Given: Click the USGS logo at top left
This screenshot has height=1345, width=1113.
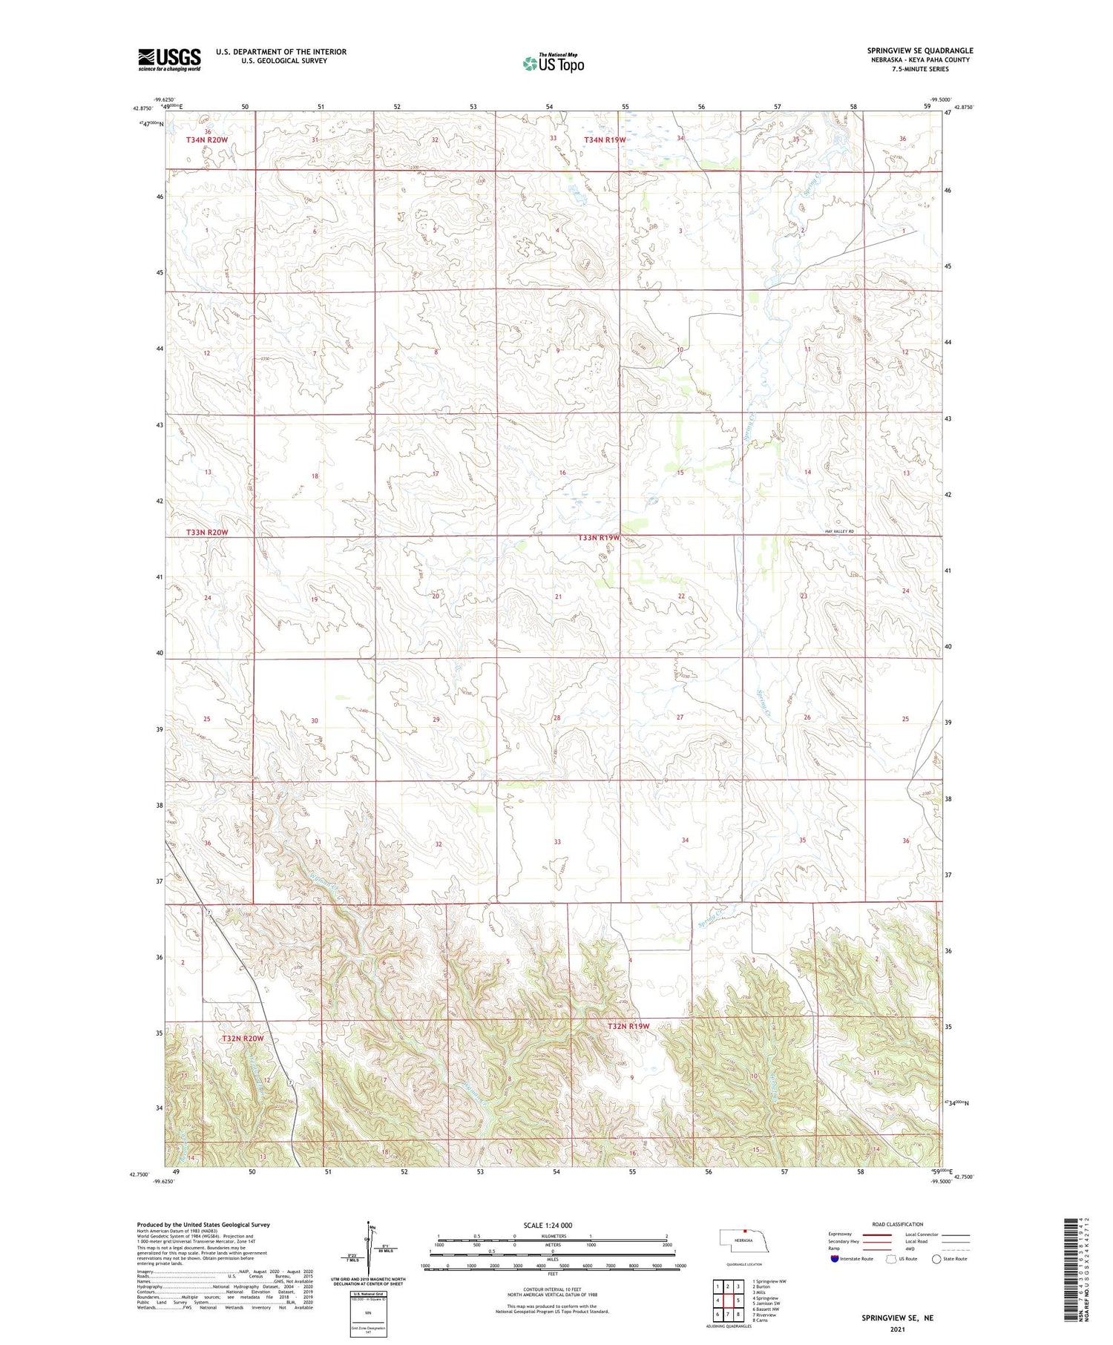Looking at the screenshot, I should pos(169,59).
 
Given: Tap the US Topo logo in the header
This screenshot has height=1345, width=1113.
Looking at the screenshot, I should pos(553,64).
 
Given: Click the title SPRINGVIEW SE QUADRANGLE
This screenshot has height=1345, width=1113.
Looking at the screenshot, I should pos(919,50).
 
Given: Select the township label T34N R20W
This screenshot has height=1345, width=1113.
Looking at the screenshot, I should pos(207,139).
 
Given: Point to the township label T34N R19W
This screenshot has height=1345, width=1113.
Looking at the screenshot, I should pos(605,139).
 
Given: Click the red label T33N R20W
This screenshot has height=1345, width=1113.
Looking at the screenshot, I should pos(207,533).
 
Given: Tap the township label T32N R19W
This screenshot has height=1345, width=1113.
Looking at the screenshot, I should pos(628,1026).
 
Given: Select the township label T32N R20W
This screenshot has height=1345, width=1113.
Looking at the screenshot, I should pos(243,1039).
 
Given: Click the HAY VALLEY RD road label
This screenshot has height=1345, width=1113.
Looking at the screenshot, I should pos(839,532).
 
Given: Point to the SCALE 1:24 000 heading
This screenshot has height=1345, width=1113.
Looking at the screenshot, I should pos(548,1225).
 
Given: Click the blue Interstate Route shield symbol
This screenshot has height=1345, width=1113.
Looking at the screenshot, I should pos(835,1258).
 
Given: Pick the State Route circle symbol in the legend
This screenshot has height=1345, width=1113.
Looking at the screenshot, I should pos(936,1258).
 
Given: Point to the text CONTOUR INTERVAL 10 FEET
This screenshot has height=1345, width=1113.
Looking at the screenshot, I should pos(552,1289).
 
